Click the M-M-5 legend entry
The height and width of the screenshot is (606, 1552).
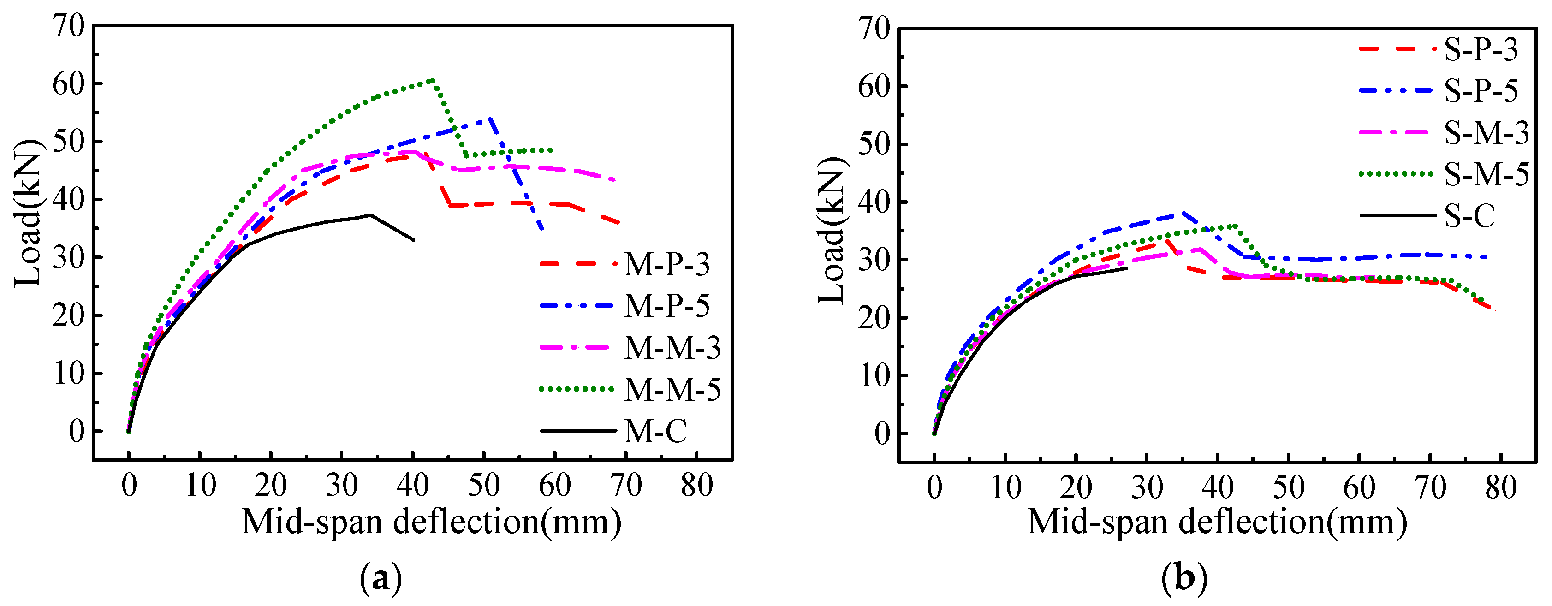(672, 390)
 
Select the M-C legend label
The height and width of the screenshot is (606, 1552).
(655, 431)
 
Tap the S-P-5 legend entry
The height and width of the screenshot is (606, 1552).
(1481, 91)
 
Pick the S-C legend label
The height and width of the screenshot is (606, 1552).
(1469, 216)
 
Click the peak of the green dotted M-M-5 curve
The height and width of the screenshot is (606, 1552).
(433, 79)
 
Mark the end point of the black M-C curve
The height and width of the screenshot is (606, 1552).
(414, 240)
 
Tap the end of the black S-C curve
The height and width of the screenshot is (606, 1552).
(1126, 268)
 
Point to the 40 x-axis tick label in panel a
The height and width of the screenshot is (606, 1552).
(413, 485)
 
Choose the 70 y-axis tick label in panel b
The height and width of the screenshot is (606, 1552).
(874, 29)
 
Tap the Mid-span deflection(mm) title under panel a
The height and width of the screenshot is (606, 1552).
(431, 522)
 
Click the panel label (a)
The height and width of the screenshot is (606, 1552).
(380, 579)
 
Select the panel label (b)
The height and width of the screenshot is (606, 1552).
(1184, 579)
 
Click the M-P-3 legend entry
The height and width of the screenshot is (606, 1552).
(666, 264)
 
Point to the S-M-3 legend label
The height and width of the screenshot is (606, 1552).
(1487, 132)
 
